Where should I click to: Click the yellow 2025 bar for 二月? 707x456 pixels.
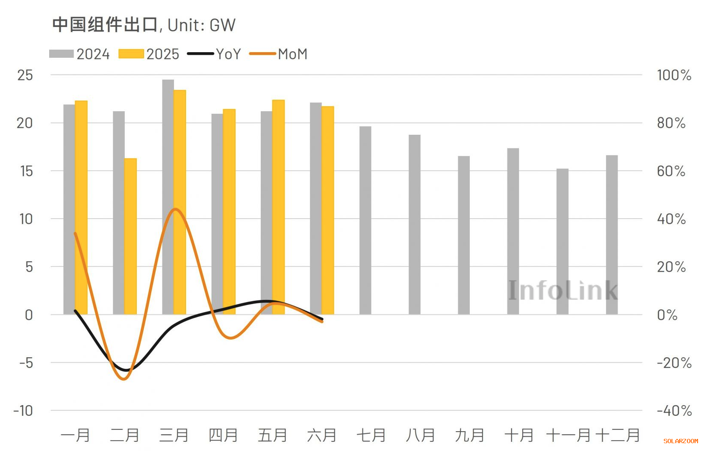(x=130, y=236)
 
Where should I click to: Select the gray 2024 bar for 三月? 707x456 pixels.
(x=168, y=197)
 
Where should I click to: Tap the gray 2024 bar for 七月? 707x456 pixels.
(x=365, y=220)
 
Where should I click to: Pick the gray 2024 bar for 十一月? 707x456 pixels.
(x=562, y=241)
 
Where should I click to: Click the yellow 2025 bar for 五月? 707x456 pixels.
(x=278, y=207)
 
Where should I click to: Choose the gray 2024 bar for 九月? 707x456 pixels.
(x=464, y=235)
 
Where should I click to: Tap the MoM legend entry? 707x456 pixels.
(x=278, y=54)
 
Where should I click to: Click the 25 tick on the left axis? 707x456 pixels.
(x=25, y=75)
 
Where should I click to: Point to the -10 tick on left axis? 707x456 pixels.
(x=23, y=411)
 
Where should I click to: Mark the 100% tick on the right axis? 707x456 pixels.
(x=674, y=75)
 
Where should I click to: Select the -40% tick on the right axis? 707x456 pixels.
(x=674, y=411)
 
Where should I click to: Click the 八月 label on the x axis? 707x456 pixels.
(x=420, y=435)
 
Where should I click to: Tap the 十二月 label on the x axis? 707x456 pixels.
(x=618, y=435)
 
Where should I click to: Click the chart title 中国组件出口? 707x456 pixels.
(x=105, y=25)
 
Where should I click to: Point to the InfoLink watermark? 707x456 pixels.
(x=563, y=290)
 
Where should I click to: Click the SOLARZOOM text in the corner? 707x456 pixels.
(x=680, y=441)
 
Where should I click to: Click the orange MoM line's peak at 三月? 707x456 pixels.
(x=175, y=209)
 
